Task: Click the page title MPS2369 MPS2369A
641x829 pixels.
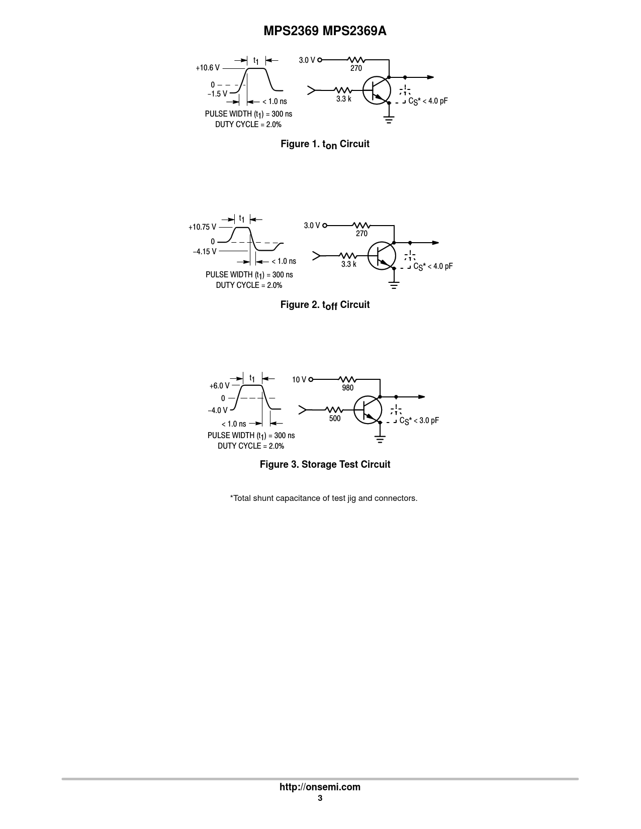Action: [x=325, y=31]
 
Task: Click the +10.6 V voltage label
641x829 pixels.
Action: [x=208, y=68]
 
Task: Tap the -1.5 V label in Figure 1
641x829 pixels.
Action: [x=217, y=94]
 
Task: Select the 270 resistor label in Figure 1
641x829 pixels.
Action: [x=356, y=68]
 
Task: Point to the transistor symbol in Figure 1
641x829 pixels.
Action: [x=377, y=90]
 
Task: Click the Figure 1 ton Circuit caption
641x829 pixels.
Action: [x=325, y=144]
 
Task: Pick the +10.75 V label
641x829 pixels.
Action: [x=202, y=227]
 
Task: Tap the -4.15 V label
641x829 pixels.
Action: [x=205, y=252]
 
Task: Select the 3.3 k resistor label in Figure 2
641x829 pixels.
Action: [x=349, y=264]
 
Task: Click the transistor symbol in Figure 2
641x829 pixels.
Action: [x=382, y=256]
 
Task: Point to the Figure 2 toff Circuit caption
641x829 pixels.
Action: [x=325, y=305]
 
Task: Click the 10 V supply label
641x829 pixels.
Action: [x=299, y=380]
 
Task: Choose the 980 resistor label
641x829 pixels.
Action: [x=348, y=388]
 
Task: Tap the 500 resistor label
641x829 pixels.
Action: [x=335, y=419]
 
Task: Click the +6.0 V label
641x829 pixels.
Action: [x=220, y=386]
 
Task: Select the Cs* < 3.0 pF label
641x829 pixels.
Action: [x=419, y=421]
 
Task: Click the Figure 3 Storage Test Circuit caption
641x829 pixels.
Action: [x=325, y=464]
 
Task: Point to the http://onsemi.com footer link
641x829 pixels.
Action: [x=320, y=787]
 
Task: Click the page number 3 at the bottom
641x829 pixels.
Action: [x=320, y=798]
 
